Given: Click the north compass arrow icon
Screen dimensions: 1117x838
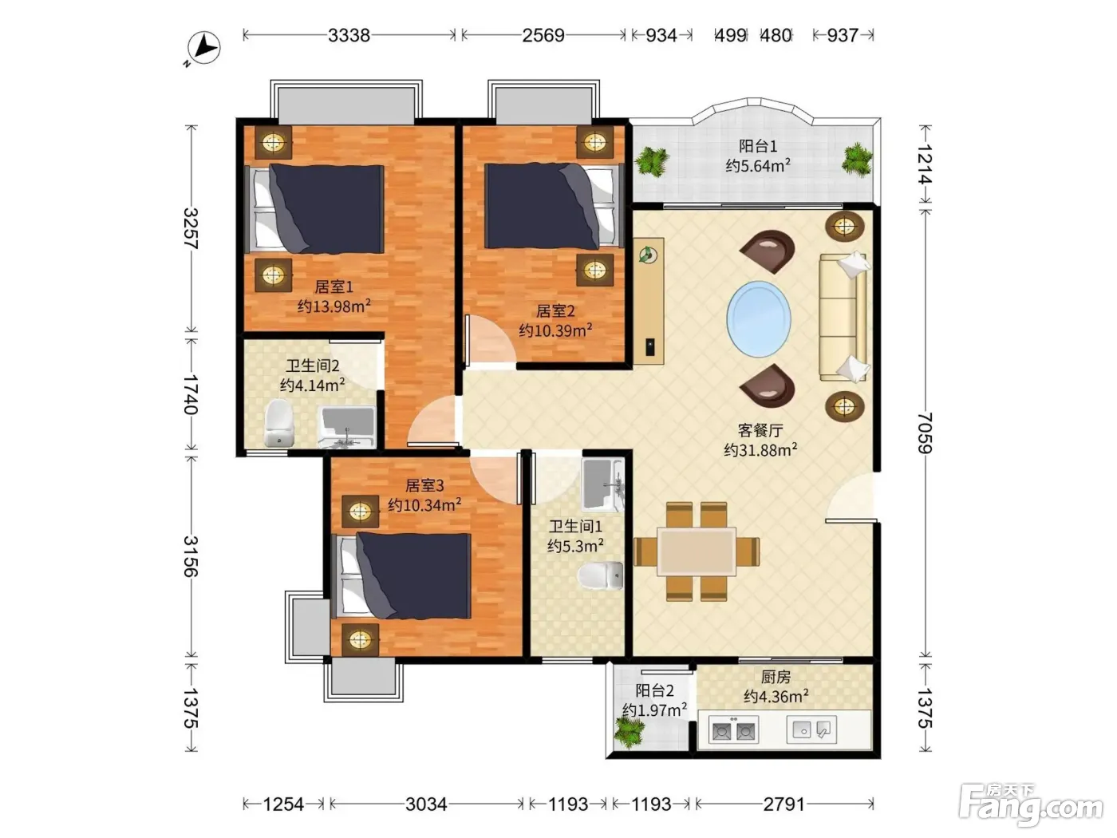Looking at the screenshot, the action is coord(203,49).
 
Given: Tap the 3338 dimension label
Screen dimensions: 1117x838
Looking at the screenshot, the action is coord(349,35).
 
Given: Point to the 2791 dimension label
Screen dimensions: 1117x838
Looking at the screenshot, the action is coord(784,804).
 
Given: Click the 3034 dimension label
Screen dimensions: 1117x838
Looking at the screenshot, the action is coord(426,804).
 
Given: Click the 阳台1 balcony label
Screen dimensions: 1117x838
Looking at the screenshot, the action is coord(758,147).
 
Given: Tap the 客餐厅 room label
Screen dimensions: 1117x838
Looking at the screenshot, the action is coord(760,430).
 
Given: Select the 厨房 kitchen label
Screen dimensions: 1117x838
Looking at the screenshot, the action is coord(776,677).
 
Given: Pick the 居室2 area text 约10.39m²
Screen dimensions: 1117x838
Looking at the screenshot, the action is coord(555,330).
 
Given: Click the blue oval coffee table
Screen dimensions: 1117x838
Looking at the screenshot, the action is coord(759,319).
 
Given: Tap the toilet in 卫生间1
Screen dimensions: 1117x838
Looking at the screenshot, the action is coord(601,575).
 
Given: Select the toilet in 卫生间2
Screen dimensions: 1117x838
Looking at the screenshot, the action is coord(279,423).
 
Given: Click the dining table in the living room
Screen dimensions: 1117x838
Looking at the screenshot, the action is coord(697,551).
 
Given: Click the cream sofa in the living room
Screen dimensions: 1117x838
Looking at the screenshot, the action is coord(843,317).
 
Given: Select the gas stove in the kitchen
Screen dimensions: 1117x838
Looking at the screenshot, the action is coord(733,730).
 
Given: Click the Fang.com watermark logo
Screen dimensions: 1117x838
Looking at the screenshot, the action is coord(1031,808).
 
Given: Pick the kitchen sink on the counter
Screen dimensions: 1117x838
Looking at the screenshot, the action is coord(811,730).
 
